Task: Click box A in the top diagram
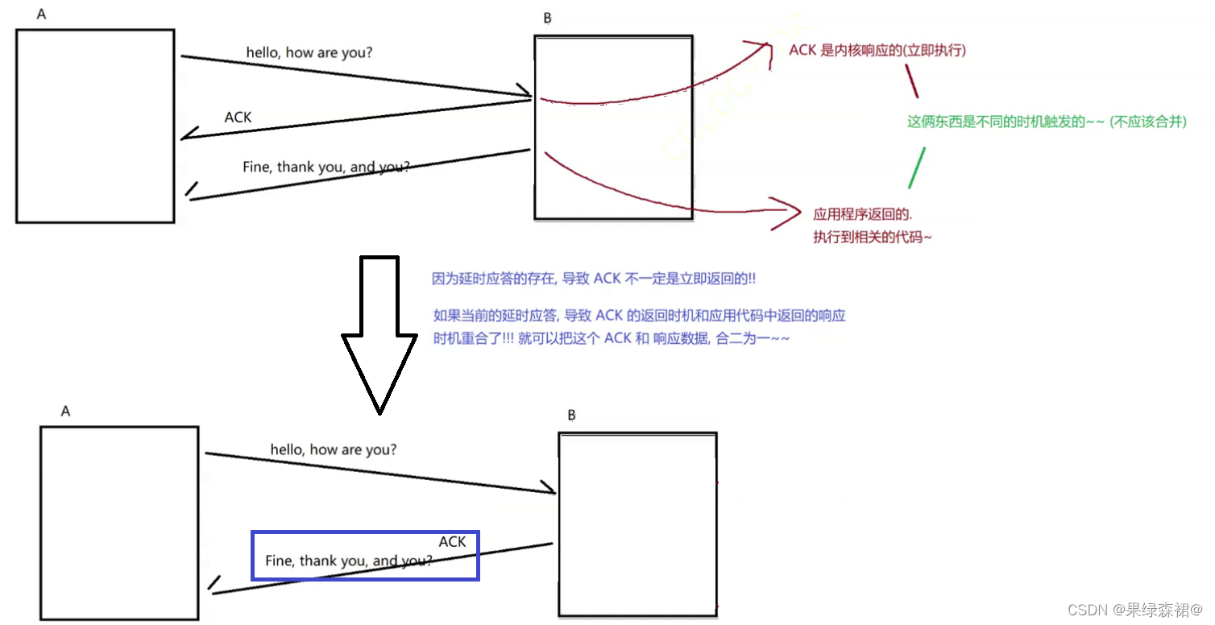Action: point(95,126)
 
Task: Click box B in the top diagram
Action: point(613,127)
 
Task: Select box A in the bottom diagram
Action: point(119,523)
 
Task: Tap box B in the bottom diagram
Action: point(637,524)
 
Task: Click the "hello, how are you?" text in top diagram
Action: point(309,53)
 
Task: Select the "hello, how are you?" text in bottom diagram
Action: point(333,449)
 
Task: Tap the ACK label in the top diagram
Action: point(238,118)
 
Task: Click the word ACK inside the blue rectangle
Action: point(452,542)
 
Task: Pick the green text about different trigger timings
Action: point(1047,122)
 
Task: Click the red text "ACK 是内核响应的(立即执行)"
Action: point(877,51)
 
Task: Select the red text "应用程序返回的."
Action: point(862,214)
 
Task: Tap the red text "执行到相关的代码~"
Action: point(873,237)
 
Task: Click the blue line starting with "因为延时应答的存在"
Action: point(594,279)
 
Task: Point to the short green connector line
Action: point(917,168)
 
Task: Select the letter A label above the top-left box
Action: point(41,14)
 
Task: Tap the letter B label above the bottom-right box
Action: point(571,416)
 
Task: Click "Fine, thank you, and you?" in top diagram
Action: point(326,168)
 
